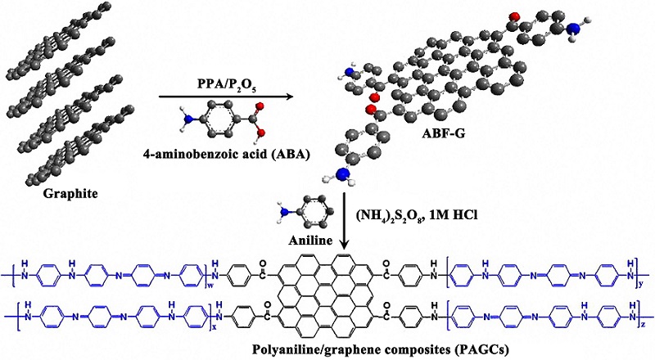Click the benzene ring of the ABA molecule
219,118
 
